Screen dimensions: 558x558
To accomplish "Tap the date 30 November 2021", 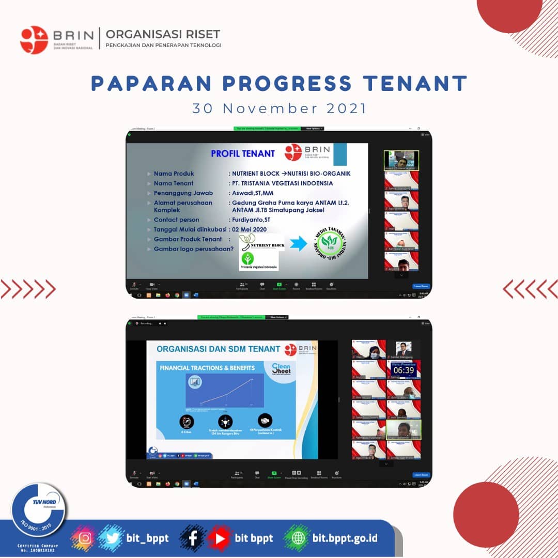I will [279, 109].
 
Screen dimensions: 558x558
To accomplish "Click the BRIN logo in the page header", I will [34, 40].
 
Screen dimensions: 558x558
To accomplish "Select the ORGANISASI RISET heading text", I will [163, 35].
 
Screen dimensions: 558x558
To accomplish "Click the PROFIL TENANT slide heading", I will [243, 153].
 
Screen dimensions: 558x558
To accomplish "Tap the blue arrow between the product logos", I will [298, 243].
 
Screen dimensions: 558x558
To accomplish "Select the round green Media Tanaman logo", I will [330, 244].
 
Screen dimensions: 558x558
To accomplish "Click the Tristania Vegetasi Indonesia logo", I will [258, 260].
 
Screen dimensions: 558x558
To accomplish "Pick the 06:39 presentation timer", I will [404, 370].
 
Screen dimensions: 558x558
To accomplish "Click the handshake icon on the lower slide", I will [266, 421].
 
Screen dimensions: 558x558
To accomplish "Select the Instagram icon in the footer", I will [86, 538].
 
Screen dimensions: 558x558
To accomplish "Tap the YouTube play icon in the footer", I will [220, 538].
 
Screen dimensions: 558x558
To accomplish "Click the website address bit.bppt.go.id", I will [345, 538].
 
